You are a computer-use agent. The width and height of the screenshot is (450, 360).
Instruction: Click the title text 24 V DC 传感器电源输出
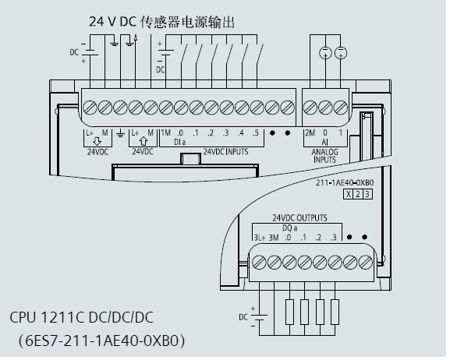tap(161, 22)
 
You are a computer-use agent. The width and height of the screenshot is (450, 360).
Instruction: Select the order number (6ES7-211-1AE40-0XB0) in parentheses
tap(101, 341)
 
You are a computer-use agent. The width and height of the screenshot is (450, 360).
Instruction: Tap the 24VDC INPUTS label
tap(225, 152)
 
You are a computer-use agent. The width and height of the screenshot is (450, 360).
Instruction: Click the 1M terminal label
tap(165, 133)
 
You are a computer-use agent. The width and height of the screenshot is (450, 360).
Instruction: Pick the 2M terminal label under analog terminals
tap(310, 133)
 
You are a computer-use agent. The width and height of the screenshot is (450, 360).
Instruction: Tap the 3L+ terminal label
tap(259, 237)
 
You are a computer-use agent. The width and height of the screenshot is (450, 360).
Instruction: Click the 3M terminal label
tap(274, 237)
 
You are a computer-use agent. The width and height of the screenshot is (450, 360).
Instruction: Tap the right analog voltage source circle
tap(340, 52)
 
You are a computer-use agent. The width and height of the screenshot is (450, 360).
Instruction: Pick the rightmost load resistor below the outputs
tap(335, 311)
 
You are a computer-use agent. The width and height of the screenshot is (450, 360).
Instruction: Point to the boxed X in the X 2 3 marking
tap(348, 193)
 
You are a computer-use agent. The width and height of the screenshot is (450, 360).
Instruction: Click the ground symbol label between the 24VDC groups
tap(120, 134)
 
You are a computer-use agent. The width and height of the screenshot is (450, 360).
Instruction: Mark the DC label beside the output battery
tap(243, 316)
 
